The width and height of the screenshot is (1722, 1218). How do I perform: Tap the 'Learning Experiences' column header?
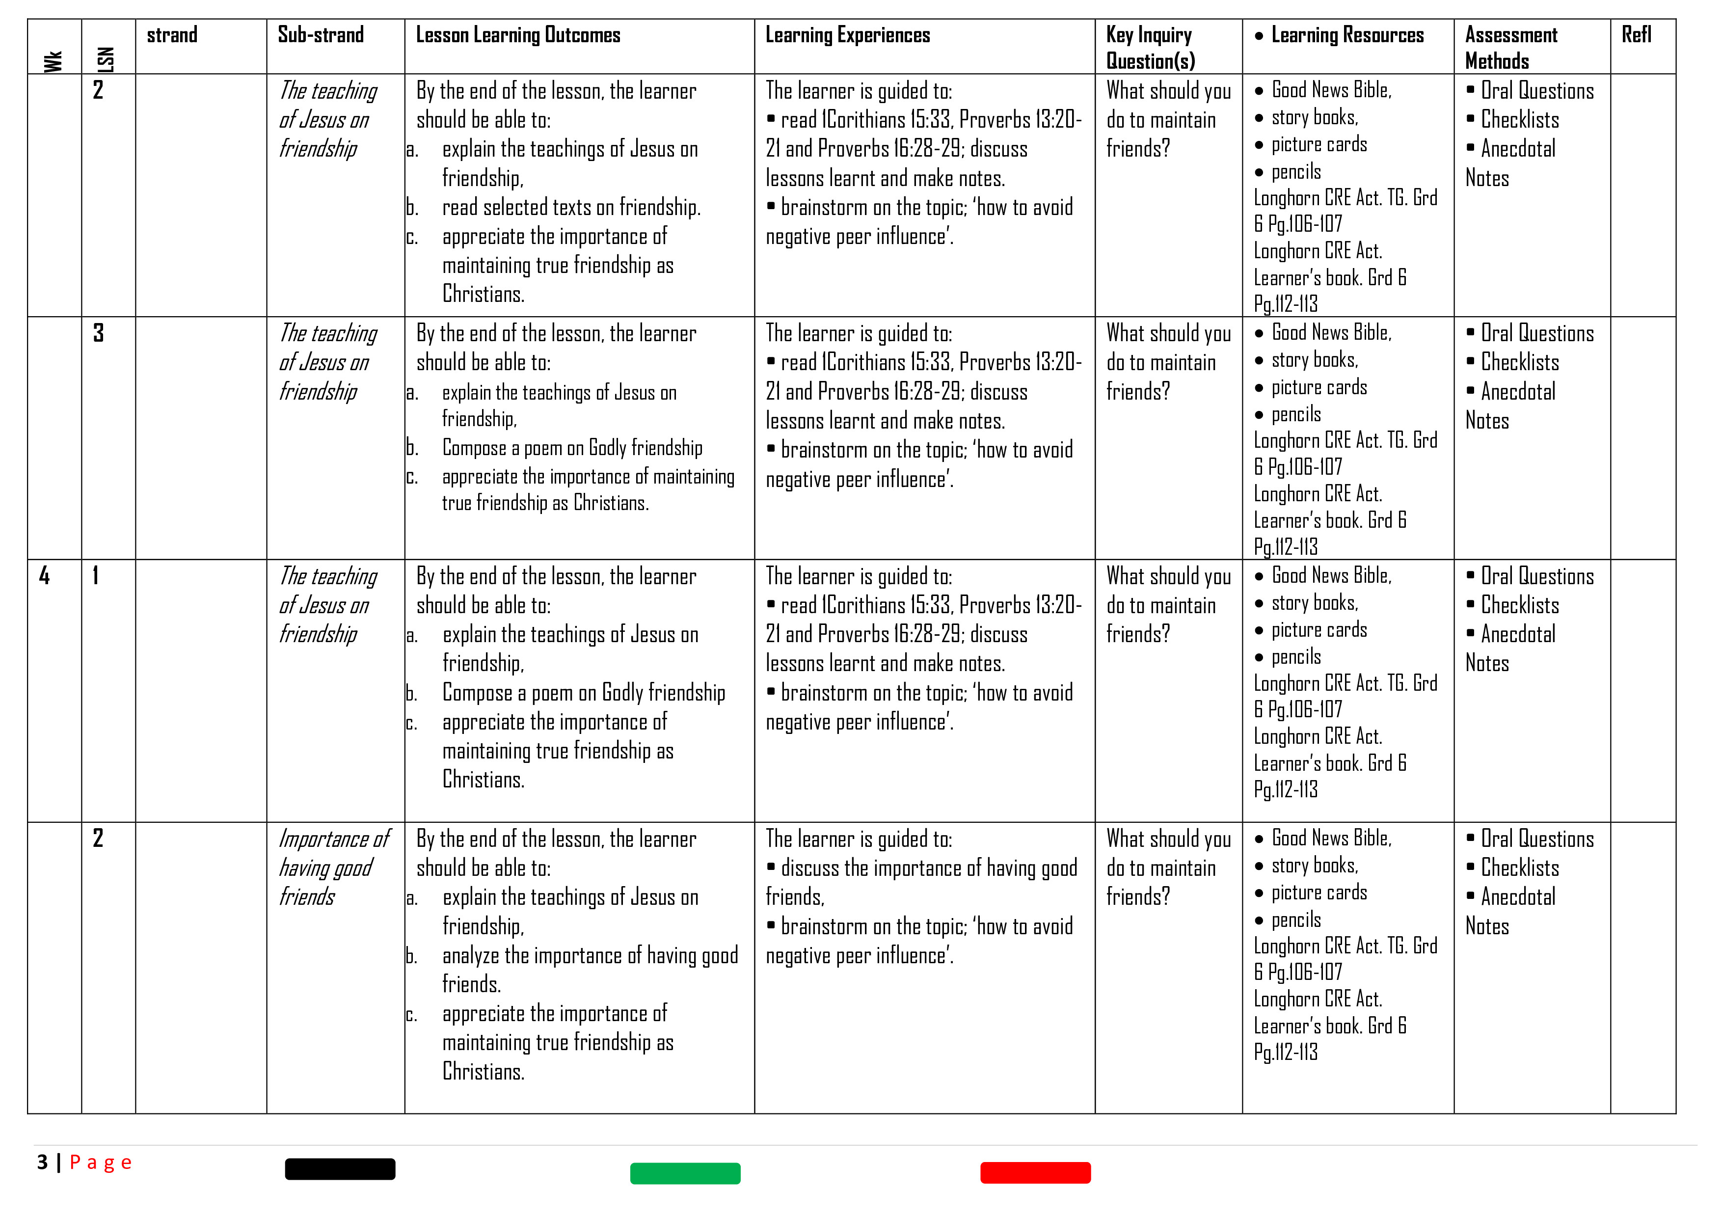click(847, 35)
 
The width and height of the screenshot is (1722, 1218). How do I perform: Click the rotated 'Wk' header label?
click(53, 61)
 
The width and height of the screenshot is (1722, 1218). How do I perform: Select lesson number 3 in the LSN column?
click(98, 333)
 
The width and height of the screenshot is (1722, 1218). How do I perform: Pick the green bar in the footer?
click(685, 1173)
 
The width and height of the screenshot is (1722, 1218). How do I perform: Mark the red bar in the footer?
click(1035, 1172)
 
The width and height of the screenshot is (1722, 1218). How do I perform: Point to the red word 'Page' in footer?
click(101, 1163)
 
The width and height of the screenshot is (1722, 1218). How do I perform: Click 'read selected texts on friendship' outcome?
click(571, 207)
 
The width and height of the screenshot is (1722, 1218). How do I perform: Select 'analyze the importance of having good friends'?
click(590, 969)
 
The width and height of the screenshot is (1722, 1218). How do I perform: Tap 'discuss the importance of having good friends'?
click(921, 882)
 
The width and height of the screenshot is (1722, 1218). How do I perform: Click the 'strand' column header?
click(172, 35)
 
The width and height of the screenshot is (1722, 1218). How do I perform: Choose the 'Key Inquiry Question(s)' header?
click(1150, 47)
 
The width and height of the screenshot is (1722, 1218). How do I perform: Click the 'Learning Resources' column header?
click(1346, 35)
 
